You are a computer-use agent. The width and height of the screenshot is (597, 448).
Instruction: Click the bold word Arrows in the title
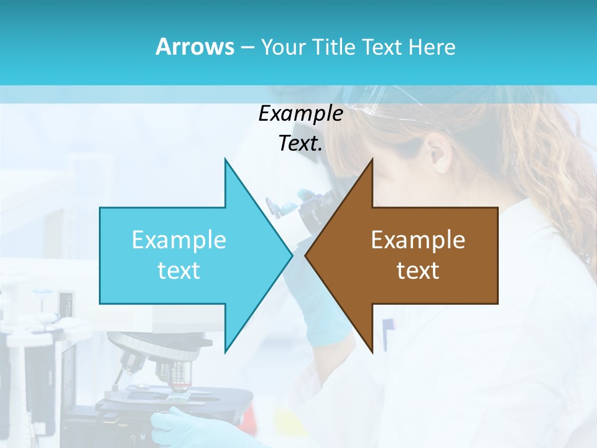pyautogui.click(x=195, y=47)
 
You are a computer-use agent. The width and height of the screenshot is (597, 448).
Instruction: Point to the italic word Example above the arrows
pyautogui.click(x=300, y=114)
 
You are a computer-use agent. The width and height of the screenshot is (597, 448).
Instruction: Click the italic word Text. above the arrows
pyautogui.click(x=300, y=144)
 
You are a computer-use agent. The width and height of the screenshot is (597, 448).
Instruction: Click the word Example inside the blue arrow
pyautogui.click(x=179, y=240)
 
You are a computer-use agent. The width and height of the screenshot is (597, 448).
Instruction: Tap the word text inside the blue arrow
pyautogui.click(x=179, y=271)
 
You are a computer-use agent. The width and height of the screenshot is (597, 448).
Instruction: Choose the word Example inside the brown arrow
pyautogui.click(x=418, y=240)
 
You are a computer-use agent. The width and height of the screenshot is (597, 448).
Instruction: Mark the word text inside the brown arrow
pyautogui.click(x=418, y=271)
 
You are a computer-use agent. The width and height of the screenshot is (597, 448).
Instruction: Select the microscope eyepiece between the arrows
pyautogui.click(x=311, y=212)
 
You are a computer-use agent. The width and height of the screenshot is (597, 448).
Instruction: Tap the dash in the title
pyautogui.click(x=247, y=47)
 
